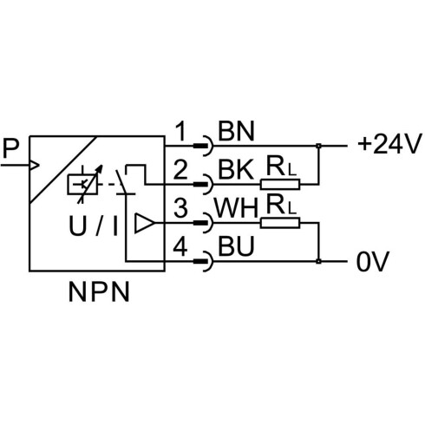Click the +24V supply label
(x=389, y=144)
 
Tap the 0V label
(x=373, y=261)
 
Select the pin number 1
(x=181, y=131)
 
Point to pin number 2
(x=180, y=169)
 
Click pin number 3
(x=180, y=208)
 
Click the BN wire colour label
(x=236, y=131)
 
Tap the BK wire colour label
(x=236, y=169)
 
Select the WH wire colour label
(x=236, y=208)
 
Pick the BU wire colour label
(x=236, y=245)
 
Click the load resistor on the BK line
(x=280, y=184)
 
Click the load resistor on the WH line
(x=280, y=223)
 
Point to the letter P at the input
(x=10, y=148)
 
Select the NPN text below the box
(x=99, y=292)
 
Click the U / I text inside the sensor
(x=94, y=226)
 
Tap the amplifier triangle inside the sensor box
(x=144, y=223)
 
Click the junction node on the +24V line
(x=318, y=146)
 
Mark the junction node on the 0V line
(x=318, y=261)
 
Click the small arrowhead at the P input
(x=35, y=166)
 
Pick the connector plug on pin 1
(x=203, y=146)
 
